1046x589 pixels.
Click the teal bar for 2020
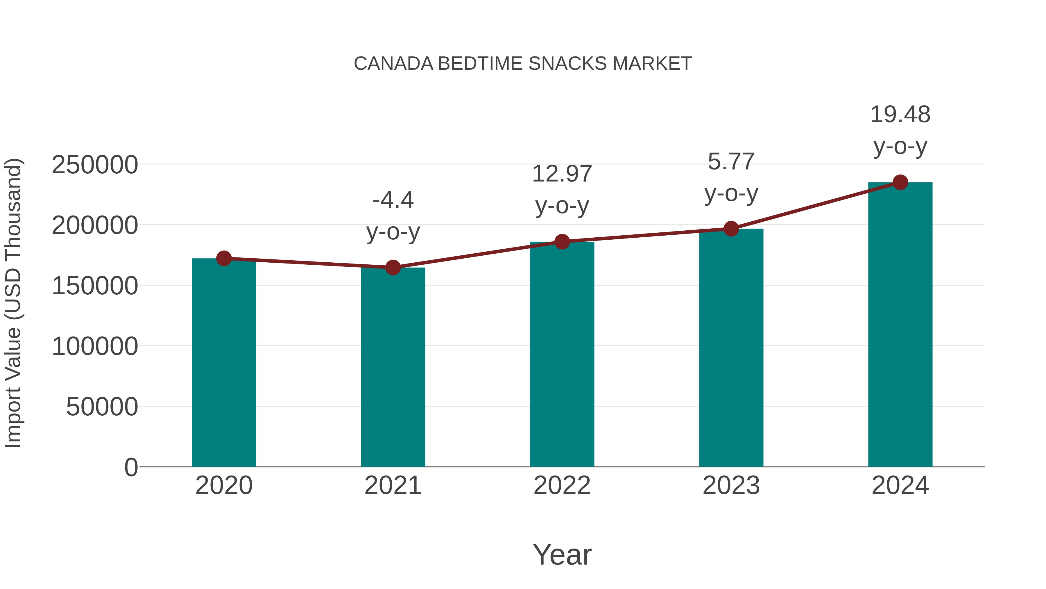224,363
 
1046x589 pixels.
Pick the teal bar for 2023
731,348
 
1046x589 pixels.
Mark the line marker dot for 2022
562,241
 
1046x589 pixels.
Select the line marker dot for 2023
731,229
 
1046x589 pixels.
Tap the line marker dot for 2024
900,182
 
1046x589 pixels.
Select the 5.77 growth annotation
731,177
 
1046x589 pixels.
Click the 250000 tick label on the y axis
95,165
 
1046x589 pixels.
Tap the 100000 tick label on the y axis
95,346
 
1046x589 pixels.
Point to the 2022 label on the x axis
562,485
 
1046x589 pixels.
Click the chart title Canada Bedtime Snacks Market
523,64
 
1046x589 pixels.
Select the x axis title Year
562,554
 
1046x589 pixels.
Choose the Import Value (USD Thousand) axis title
13,303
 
